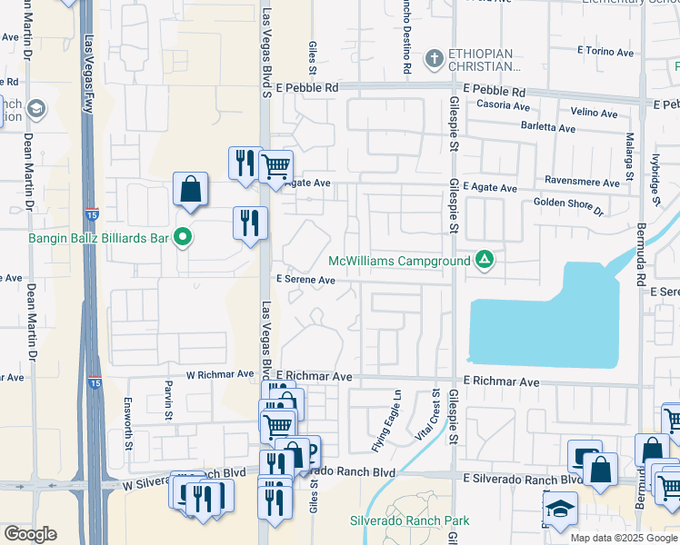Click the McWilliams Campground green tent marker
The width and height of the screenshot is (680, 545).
pyautogui.click(x=485, y=261)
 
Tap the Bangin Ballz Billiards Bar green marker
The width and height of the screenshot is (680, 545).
pyautogui.click(x=183, y=238)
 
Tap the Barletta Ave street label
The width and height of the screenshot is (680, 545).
pyautogui.click(x=548, y=128)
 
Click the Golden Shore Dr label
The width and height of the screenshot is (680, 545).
pyautogui.click(x=568, y=206)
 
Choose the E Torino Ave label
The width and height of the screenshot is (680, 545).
pyautogui.click(x=604, y=51)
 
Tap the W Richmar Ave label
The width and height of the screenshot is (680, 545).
pyautogui.click(x=220, y=373)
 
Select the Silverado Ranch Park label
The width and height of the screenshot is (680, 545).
pyautogui.click(x=410, y=520)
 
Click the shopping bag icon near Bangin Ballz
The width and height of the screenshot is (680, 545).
pyautogui.click(x=191, y=189)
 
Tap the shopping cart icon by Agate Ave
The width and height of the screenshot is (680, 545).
pyautogui.click(x=275, y=166)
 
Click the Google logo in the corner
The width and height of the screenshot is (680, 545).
pyautogui.click(x=30, y=534)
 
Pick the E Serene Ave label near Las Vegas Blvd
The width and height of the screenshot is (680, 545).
pyautogui.click(x=306, y=280)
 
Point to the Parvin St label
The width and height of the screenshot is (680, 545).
pyautogui.click(x=169, y=400)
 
